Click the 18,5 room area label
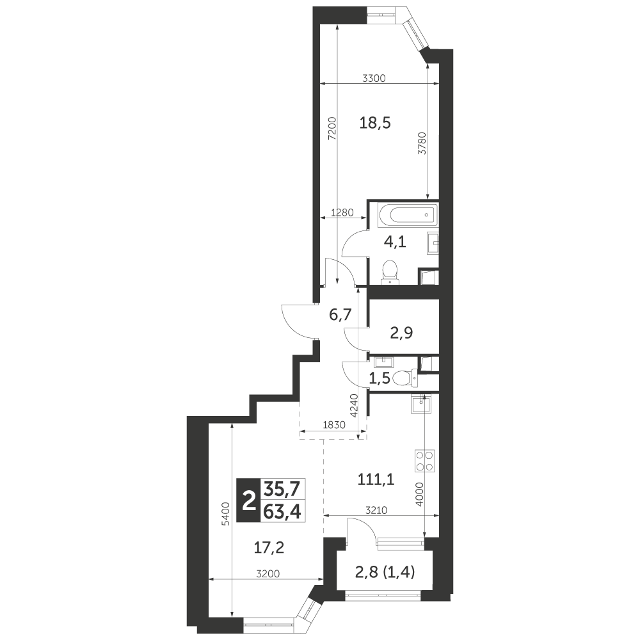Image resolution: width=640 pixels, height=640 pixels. pos(375,122)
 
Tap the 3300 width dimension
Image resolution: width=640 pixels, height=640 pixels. pos(374,78)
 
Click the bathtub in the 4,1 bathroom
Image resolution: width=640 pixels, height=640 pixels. pos(408,214)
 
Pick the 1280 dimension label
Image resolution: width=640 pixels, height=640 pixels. pos(342,212)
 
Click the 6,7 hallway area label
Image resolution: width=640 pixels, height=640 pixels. pos(340,315)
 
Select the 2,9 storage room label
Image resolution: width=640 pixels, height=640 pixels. pos(401,333)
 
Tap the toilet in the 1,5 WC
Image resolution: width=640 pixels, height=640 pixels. pos(404,377)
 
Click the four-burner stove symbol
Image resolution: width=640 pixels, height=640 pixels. pos(424,461)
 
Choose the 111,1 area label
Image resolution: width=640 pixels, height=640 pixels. pos(376,480)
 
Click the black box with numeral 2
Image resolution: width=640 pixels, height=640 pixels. pos(248,500)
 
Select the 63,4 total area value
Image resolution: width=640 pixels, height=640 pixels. pos(282,512)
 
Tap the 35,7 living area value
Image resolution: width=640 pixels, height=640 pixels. pos(282,488)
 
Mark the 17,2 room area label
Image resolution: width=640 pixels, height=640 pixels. pos(269,548)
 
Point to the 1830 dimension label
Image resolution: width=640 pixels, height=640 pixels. pos(334,425)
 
